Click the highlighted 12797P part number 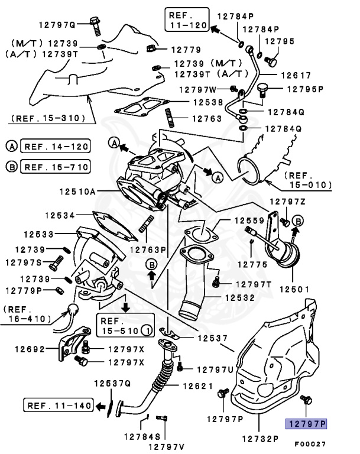tap(306, 423)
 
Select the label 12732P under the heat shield tap(259, 438)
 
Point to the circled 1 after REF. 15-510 tap(145, 329)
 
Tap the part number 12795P tap(306, 89)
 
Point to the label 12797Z tap(288, 202)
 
